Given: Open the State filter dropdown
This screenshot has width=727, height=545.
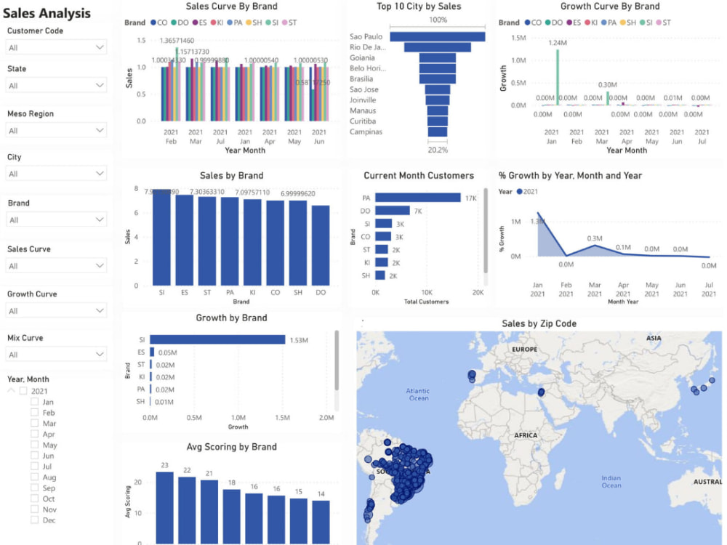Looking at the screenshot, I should coord(57,86).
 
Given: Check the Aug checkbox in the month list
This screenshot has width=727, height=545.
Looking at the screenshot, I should coord(34,477).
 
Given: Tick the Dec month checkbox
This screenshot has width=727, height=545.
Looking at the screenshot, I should coord(34,520).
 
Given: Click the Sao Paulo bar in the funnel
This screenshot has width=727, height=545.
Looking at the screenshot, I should coord(438,36).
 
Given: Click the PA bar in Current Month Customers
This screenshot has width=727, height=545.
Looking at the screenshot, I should coord(418,198).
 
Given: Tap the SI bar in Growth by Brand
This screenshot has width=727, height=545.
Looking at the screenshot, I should coord(217,339).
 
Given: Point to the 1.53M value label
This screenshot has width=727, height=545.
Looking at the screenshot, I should coord(300,340).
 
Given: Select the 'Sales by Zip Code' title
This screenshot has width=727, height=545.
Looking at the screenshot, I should coord(539,323).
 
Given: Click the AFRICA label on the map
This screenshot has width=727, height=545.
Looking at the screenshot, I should coord(525,436).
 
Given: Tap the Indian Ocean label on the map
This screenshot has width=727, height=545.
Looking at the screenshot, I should coord(611,482).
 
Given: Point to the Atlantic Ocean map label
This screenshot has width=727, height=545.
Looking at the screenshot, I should coord(418,394).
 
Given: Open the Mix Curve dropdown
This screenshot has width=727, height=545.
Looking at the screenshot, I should coord(57,355).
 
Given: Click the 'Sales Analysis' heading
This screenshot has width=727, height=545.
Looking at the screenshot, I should coord(47,13).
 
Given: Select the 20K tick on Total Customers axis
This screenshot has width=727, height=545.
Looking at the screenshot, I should coord(478,292).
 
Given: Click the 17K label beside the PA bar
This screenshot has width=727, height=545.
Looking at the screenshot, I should coord(470,198).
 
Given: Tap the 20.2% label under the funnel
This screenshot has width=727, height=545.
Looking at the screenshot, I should coord(438,150).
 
